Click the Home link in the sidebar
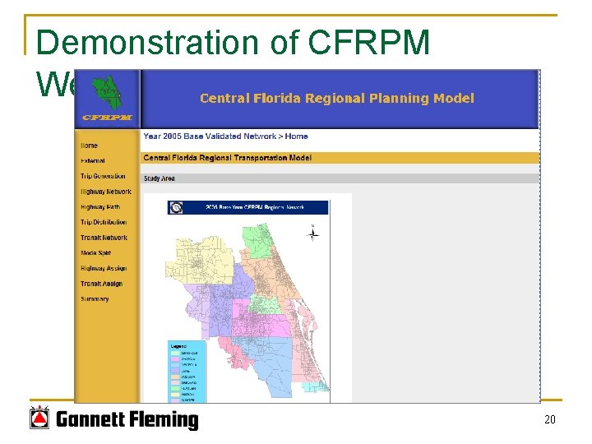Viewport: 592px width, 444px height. pyautogui.click(x=89, y=146)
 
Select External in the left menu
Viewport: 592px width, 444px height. pyautogui.click(x=93, y=161)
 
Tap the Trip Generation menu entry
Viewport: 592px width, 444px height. pyautogui.click(x=103, y=176)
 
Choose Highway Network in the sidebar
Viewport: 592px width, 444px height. pyautogui.click(x=105, y=192)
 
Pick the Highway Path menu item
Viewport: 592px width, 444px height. pyautogui.click(x=99, y=207)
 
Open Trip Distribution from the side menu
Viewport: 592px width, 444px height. pyautogui.click(x=104, y=222)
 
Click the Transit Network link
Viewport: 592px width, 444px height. pyautogui.click(x=104, y=238)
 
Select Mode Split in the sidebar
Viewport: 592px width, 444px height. pyautogui.click(x=95, y=253)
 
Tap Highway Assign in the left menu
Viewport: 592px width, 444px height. pyautogui.click(x=103, y=268)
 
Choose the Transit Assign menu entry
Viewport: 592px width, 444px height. pyautogui.click(x=101, y=284)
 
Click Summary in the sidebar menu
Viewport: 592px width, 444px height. pyautogui.click(x=95, y=299)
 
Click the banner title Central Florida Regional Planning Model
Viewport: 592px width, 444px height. pyautogui.click(x=336, y=99)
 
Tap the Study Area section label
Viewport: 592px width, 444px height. pyautogui.click(x=159, y=178)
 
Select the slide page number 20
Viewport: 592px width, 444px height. pyautogui.click(x=550, y=420)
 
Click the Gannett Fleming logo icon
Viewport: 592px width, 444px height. pyautogui.click(x=39, y=419)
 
